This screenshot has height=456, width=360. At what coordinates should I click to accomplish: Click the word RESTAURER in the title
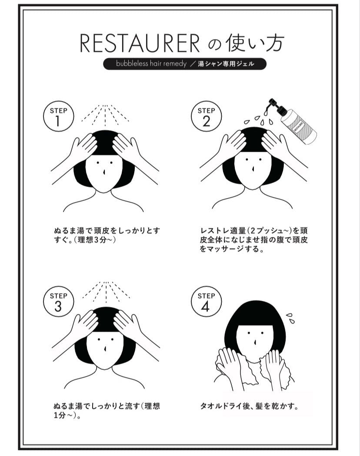click(140, 43)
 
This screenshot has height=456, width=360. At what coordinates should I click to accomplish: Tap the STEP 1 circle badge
click(58, 116)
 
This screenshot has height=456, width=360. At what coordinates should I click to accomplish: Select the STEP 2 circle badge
click(206, 116)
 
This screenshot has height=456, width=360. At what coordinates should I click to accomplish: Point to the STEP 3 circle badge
click(58, 301)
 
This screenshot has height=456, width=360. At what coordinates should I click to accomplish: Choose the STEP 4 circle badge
click(206, 301)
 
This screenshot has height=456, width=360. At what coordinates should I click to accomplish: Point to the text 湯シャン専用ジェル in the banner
click(226, 64)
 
